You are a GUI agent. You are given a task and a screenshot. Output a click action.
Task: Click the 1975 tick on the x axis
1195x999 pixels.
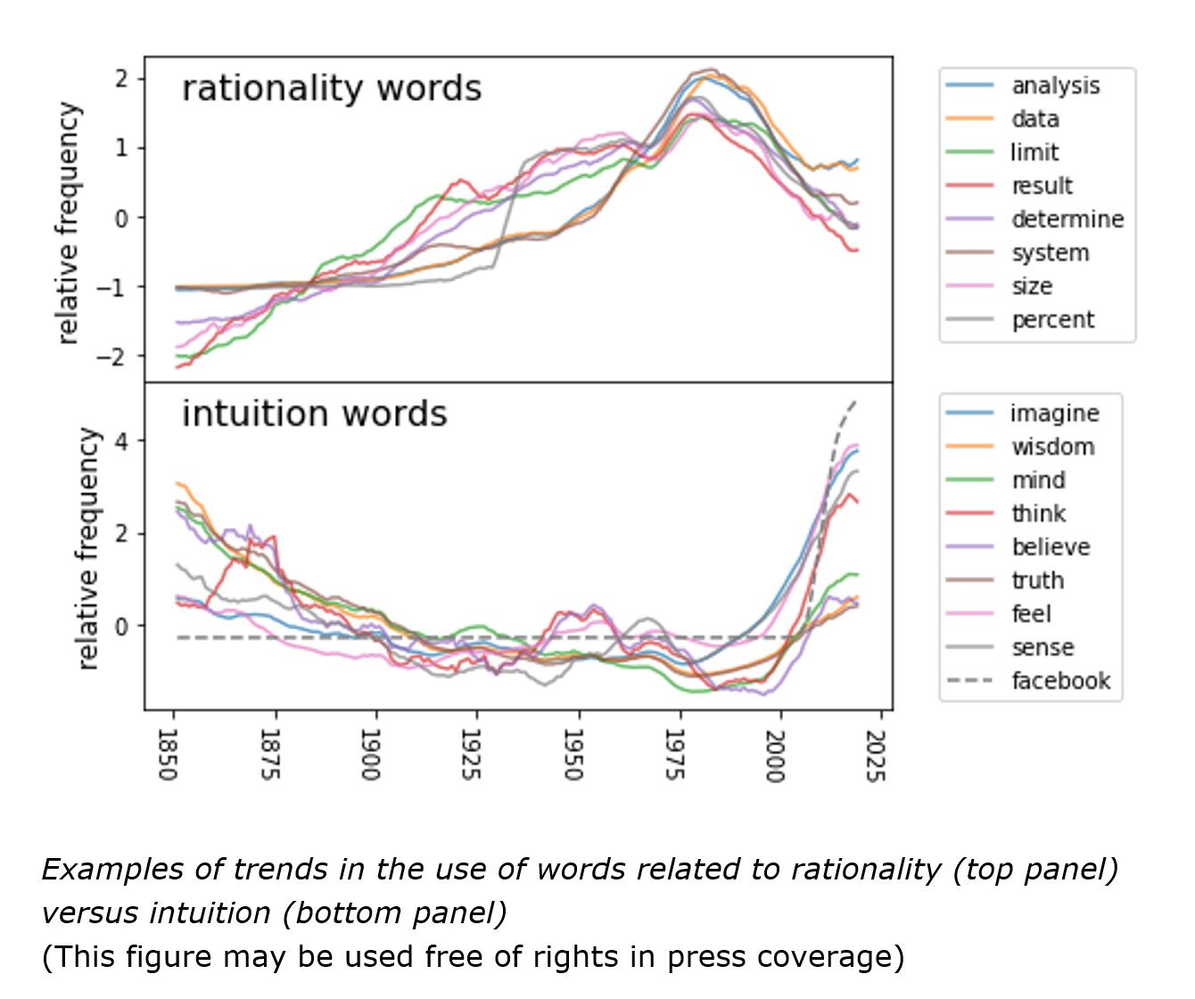point(675,755)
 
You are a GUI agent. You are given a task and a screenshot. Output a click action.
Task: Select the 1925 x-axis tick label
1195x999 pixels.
point(472,755)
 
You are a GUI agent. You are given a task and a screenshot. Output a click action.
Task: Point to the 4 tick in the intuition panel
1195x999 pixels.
point(122,442)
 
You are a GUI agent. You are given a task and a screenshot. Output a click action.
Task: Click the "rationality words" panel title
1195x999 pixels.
point(331,89)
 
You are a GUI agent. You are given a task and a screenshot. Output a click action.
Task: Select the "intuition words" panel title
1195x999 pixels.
point(314,415)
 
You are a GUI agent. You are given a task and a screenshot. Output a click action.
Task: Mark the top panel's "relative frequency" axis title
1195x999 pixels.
point(68,223)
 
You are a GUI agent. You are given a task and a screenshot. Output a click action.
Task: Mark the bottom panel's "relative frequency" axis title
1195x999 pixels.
point(87,548)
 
